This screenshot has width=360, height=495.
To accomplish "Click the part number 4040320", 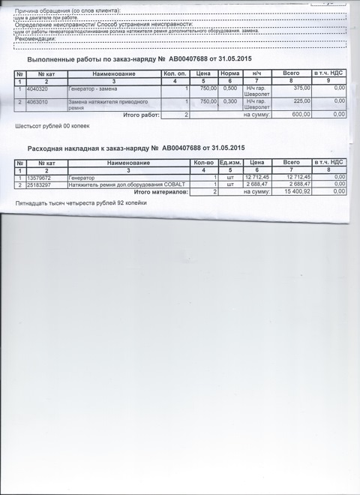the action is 37,88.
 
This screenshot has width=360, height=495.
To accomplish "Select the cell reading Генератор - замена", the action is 92,88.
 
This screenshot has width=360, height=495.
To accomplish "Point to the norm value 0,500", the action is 229,88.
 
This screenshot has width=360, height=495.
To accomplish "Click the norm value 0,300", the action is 229,100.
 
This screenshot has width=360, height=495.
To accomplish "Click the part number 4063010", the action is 37,100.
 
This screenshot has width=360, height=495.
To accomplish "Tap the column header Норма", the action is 229,73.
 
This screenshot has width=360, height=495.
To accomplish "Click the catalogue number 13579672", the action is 39,178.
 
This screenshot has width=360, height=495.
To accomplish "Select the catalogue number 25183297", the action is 39,184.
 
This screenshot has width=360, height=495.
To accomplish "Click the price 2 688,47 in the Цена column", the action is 256,184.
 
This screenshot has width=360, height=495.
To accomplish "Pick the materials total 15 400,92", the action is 297,192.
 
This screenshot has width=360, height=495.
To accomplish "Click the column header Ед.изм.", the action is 230,163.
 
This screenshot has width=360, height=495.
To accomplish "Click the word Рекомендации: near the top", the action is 35,39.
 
